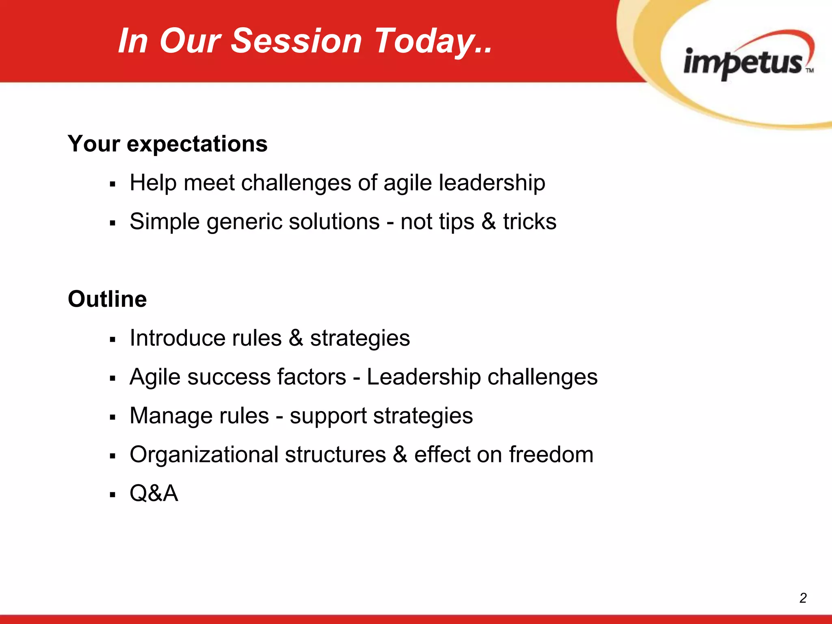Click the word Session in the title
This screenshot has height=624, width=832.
pyautogui.click(x=296, y=41)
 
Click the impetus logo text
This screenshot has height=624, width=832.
pyautogui.click(x=743, y=63)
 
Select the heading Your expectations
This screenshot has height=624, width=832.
pyautogui.click(x=167, y=144)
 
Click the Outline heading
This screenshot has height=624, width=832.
pyautogui.click(x=107, y=299)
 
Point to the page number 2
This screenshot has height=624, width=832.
pyautogui.click(x=803, y=598)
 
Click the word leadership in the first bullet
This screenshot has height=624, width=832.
pyautogui.click(x=492, y=183)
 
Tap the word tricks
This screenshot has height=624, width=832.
pyautogui.click(x=530, y=222)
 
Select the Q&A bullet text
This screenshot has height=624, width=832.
pyautogui.click(x=154, y=493)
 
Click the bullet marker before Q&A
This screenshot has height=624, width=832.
pyautogui.click(x=113, y=495)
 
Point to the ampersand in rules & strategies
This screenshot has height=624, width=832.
pyautogui.click(x=296, y=338)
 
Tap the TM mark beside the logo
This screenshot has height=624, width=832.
pyautogui.click(x=810, y=70)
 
